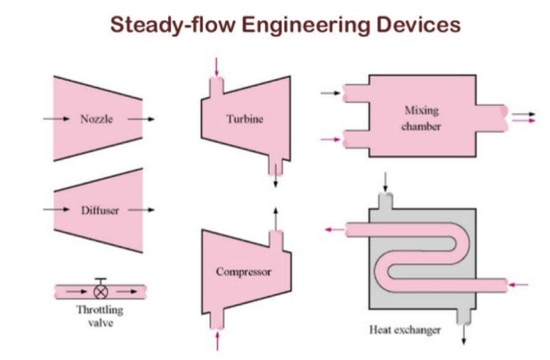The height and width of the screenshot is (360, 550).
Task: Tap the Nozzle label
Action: click(x=97, y=119)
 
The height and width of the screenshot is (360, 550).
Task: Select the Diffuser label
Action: click(x=99, y=210)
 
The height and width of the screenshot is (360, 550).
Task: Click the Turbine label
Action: click(x=244, y=118)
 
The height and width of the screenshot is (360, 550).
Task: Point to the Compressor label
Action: click(x=243, y=271)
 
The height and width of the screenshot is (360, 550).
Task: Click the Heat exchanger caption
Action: click(x=405, y=330)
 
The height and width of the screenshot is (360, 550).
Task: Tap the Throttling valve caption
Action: click(x=99, y=315)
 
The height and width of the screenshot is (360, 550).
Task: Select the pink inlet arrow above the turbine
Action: click(x=216, y=67)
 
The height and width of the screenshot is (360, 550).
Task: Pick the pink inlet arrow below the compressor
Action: click(x=216, y=340)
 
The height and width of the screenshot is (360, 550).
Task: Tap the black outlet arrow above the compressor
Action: click(x=275, y=218)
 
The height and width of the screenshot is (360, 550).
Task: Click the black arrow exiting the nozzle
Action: click(x=147, y=119)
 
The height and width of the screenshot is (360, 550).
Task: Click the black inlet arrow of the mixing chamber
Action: click(x=331, y=94)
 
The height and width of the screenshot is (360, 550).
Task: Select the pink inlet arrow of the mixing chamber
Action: click(x=331, y=140)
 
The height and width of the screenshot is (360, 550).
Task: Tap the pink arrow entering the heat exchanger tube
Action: click(x=519, y=285)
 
